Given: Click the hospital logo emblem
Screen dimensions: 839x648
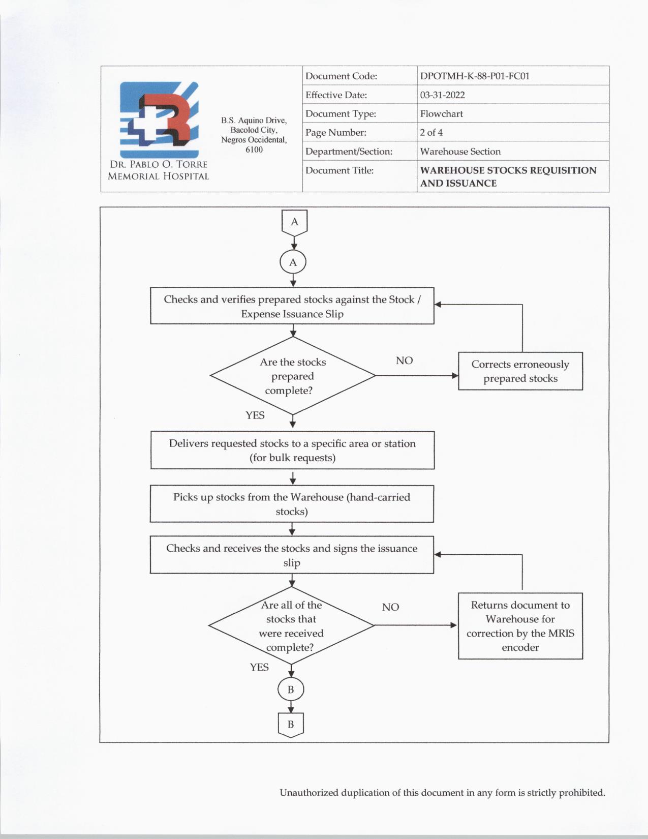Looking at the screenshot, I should [x=159, y=120].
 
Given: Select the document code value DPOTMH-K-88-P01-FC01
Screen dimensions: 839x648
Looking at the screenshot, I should [x=475, y=76].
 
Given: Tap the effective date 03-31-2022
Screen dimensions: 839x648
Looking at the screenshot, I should [x=442, y=95].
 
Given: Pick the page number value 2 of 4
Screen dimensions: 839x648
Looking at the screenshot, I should [x=431, y=133].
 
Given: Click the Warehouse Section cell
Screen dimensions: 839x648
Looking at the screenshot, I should [x=460, y=152].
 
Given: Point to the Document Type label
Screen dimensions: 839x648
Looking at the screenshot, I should [x=341, y=114].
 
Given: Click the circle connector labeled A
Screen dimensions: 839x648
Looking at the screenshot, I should [x=293, y=263].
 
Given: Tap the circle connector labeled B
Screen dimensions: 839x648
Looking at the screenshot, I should [x=291, y=690].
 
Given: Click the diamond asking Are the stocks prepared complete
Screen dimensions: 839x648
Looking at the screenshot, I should [x=293, y=376].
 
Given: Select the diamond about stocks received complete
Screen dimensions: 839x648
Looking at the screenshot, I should [x=291, y=626].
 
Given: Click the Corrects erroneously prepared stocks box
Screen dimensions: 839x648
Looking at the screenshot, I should [x=520, y=371].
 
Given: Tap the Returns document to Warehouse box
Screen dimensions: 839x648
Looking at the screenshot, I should [x=520, y=626].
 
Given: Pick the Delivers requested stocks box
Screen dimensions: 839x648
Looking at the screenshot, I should [x=292, y=451].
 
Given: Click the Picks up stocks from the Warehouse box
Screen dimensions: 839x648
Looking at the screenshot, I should [x=292, y=504].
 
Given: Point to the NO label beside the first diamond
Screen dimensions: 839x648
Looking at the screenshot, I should [x=404, y=361].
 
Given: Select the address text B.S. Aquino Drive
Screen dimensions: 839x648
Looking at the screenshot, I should [x=254, y=121].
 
